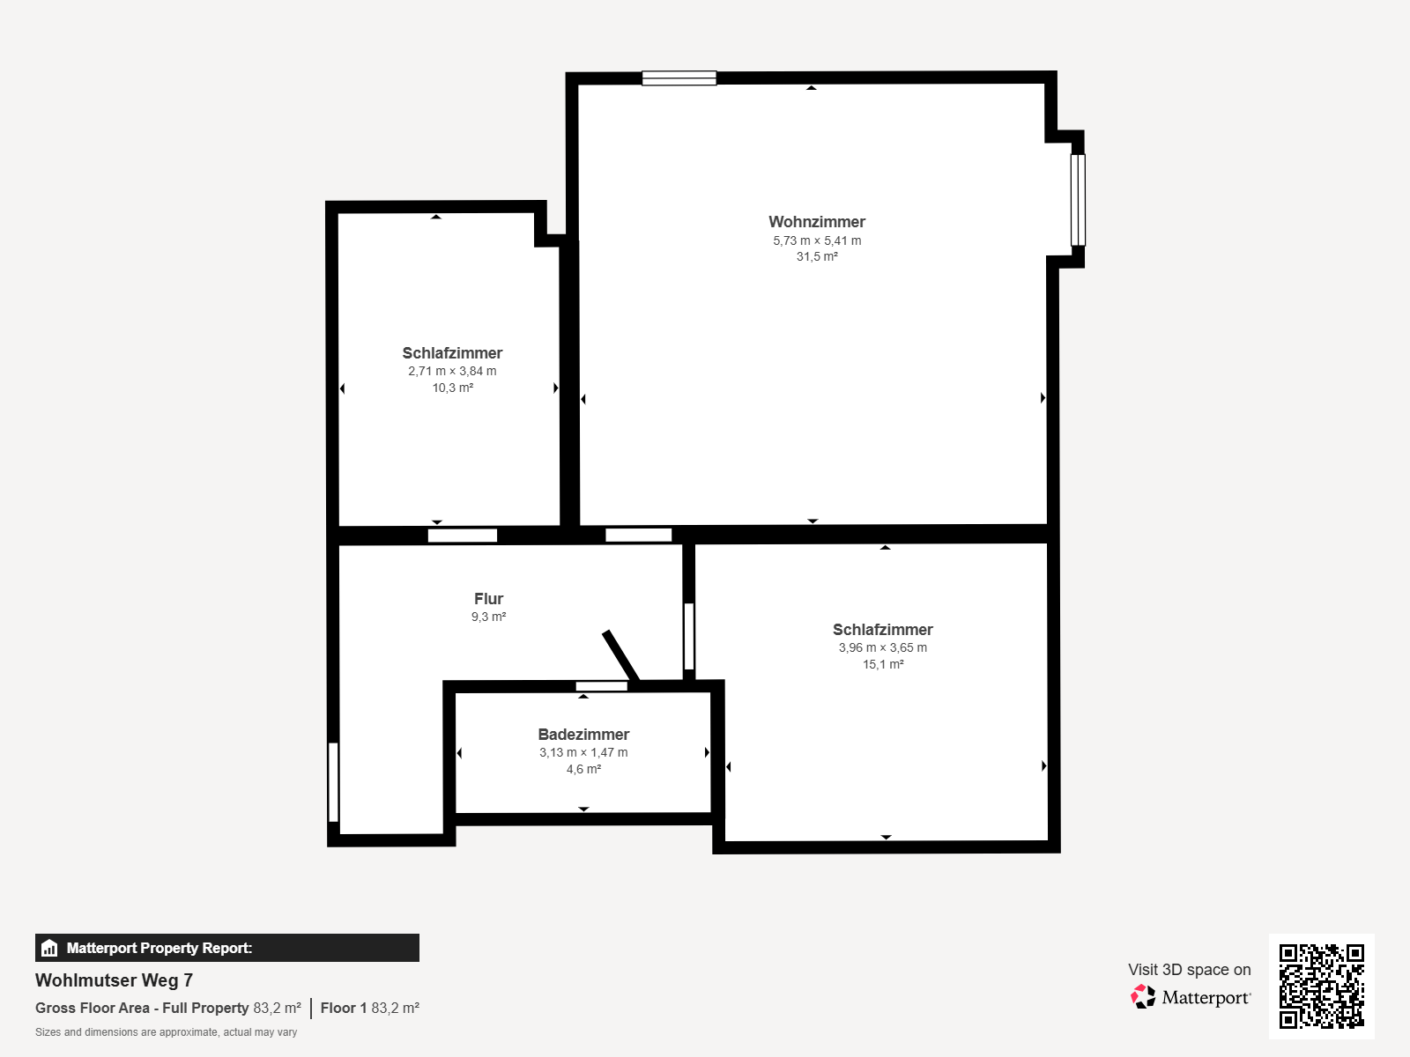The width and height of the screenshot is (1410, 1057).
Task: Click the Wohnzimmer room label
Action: tap(816, 222)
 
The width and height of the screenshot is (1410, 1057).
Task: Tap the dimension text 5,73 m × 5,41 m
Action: tap(816, 240)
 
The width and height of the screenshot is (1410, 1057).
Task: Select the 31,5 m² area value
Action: tap(816, 256)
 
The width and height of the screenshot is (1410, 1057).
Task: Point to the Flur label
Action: tap(488, 599)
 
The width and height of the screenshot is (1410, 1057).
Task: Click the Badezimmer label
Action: tap(583, 735)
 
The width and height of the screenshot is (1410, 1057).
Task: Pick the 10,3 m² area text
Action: tap(452, 388)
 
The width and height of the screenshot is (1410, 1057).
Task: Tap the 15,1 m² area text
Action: tap(883, 664)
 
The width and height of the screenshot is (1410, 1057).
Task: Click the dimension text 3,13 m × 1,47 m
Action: tap(583, 752)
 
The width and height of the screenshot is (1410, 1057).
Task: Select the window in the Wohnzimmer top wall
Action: tap(679, 78)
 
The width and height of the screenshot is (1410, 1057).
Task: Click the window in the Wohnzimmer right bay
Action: tap(1078, 200)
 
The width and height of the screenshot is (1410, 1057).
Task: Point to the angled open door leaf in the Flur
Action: tap(620, 656)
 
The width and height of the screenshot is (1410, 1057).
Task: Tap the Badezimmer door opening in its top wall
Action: tap(601, 686)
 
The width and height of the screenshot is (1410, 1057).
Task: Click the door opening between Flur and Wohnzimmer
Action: tap(639, 535)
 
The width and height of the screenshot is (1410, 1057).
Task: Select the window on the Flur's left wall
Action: tap(333, 781)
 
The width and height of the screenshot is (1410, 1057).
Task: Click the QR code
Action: tap(1321, 986)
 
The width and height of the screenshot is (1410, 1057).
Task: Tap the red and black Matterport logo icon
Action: tap(1143, 997)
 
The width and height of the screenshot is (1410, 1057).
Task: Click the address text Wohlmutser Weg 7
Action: tap(114, 980)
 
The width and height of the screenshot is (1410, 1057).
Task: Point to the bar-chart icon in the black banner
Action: tap(49, 948)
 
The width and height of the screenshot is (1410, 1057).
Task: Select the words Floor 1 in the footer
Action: tap(344, 1008)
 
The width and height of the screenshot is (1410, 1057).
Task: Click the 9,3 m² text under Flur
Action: tap(488, 617)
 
